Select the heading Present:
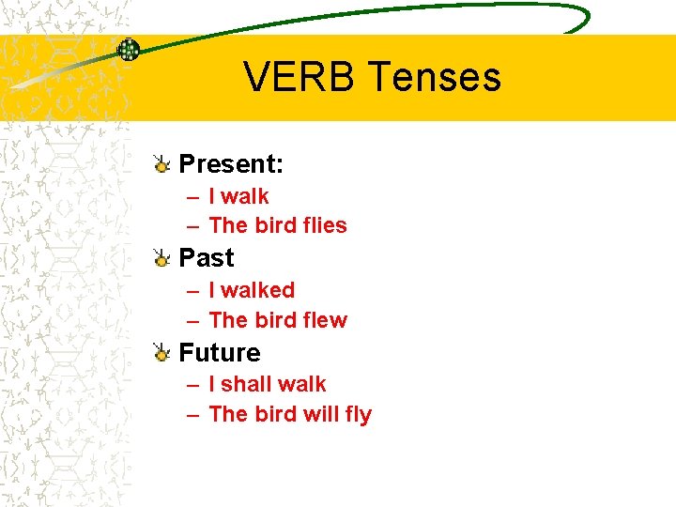tap(231, 164)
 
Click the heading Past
tap(207, 257)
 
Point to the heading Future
tap(220, 352)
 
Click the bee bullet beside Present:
tap(161, 165)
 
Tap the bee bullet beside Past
tap(161, 258)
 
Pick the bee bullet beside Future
tap(161, 353)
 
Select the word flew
tap(326, 320)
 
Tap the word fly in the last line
tap(358, 415)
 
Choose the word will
tap(318, 414)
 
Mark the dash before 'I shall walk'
tap(192, 385)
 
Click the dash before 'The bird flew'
tap(192, 321)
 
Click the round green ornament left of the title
tap(128, 50)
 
